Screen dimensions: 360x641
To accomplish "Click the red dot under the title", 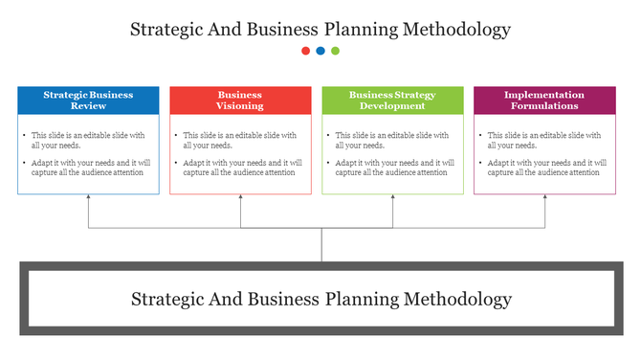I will (305, 51).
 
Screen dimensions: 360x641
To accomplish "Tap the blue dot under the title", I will (320, 51).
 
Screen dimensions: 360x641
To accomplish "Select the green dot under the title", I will (335, 51).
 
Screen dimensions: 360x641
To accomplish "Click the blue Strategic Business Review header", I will (88, 101).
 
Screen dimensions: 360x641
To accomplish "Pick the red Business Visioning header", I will (240, 101).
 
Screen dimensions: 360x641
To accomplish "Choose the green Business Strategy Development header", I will (392, 101).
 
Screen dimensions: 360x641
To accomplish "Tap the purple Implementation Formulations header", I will (544, 101).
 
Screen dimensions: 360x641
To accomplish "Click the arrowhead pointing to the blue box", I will (88, 198).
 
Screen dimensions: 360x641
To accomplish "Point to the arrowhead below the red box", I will (240, 198).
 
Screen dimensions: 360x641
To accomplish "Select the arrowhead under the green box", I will (392, 198).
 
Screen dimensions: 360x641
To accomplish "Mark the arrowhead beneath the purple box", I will (545, 198).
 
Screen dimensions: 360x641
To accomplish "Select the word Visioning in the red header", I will (240, 106).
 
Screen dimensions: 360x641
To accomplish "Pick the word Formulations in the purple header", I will (544, 106).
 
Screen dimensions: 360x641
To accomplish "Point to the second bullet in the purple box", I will (480, 163).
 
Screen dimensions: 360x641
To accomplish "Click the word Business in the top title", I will (283, 30).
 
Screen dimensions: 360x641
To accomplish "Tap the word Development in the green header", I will (392, 106).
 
